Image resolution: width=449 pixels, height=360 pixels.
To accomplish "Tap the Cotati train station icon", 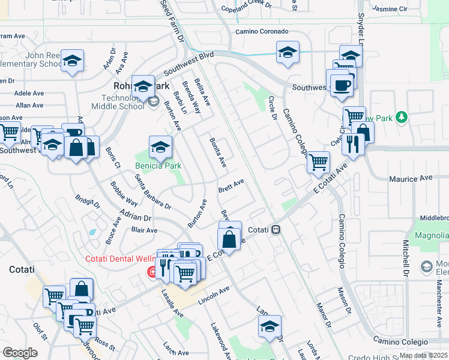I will (x=276, y=230).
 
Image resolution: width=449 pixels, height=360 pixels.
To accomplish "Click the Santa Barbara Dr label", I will (x=152, y=192).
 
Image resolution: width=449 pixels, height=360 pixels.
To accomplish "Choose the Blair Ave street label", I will (x=144, y=230).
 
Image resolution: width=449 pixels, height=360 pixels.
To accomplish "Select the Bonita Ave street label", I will (x=217, y=152).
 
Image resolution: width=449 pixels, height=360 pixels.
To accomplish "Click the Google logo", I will (x=20, y=352).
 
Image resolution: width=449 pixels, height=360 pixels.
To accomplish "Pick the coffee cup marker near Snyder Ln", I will (x=342, y=85).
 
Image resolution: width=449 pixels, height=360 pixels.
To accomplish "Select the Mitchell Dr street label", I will (x=406, y=254).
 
